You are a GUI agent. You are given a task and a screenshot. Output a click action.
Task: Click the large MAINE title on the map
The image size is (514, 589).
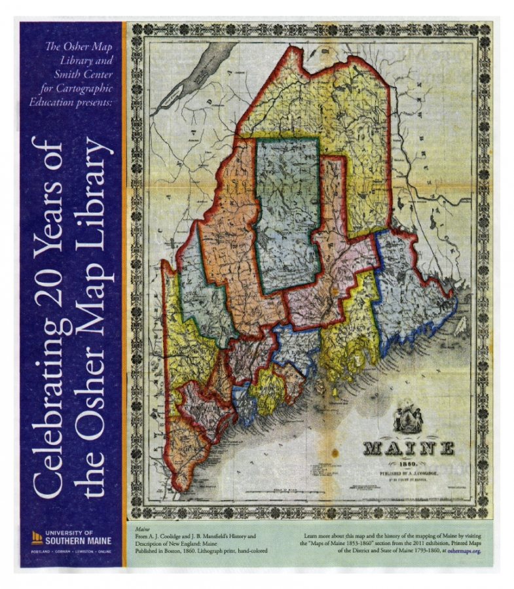(409, 448)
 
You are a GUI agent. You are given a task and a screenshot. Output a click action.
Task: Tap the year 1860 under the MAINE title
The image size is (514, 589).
(410, 462)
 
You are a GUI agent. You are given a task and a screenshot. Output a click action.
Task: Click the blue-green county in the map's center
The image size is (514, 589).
(288, 216)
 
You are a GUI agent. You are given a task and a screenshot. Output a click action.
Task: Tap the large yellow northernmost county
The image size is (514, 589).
(314, 105)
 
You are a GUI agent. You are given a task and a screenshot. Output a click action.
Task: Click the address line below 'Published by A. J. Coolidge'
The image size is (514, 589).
(410, 478)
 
